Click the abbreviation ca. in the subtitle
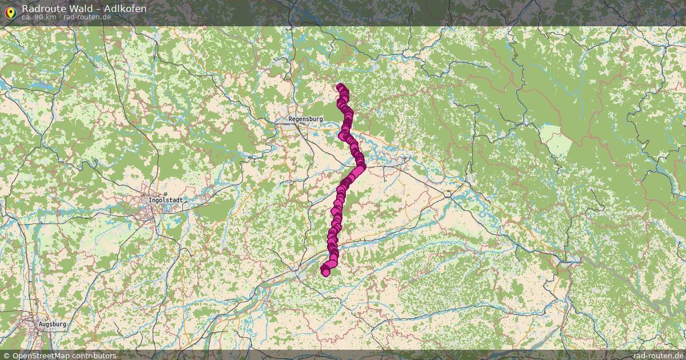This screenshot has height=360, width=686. click(x=27, y=17)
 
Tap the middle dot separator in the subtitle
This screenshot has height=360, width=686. click(x=59, y=17)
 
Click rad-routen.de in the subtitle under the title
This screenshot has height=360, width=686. click(x=87, y=17)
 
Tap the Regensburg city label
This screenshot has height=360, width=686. click(x=306, y=119)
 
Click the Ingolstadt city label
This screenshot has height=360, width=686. click(x=165, y=200)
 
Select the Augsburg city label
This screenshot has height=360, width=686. click(x=52, y=324)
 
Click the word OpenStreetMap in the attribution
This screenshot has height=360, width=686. click(x=42, y=355)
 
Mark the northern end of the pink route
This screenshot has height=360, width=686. click(x=341, y=87)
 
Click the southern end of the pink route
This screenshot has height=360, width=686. click(x=326, y=272)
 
